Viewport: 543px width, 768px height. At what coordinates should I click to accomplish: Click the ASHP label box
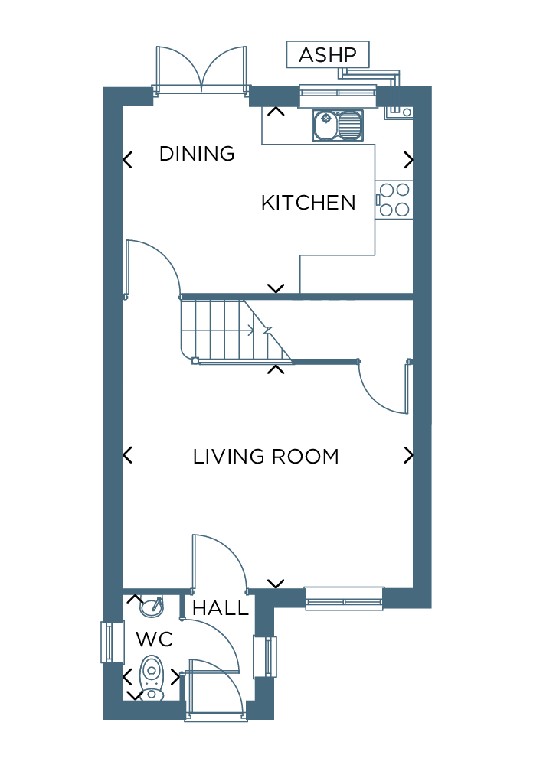328,54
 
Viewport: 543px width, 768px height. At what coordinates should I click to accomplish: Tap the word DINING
197,154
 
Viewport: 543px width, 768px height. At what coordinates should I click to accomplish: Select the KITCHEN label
308,203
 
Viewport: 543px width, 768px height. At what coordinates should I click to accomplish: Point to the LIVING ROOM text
266,457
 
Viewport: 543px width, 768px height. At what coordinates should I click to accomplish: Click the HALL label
221,608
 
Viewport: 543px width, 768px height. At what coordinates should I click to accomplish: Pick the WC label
154,639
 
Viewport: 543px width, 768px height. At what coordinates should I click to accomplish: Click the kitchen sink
338,125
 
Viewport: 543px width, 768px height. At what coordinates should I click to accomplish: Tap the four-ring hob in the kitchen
394,200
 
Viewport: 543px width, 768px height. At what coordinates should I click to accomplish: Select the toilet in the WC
152,679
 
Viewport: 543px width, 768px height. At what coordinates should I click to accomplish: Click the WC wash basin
152,607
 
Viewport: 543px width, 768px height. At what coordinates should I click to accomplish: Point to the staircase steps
235,330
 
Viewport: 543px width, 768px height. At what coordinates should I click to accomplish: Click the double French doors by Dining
201,70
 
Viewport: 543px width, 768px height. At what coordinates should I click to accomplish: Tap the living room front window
345,598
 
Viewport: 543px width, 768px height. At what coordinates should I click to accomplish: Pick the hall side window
265,656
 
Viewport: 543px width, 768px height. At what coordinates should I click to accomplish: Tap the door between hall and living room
219,561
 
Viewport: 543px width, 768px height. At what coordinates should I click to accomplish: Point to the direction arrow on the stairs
250,330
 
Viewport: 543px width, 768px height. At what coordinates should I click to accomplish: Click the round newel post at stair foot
195,361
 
